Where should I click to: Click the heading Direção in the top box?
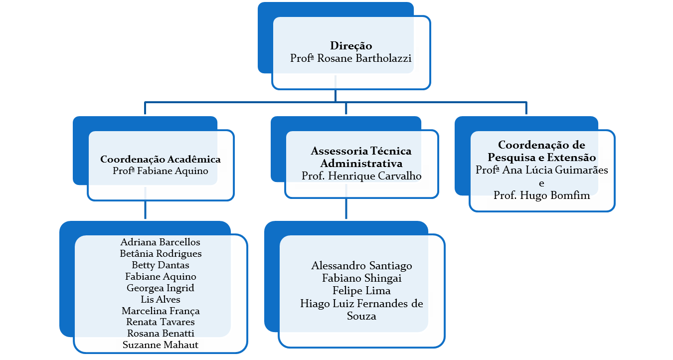coord(351,46)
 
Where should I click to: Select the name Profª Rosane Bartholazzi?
coord(351,58)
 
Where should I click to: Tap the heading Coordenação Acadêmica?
coord(161,160)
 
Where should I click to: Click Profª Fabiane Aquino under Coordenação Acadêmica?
coord(161,172)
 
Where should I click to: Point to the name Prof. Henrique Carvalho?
coord(361,176)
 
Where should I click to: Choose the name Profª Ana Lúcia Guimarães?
coord(542,170)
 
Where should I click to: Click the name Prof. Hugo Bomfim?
coord(542,195)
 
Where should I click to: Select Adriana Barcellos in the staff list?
coord(161,242)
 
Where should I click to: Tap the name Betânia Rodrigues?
coord(161,254)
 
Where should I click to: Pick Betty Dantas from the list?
coord(161,265)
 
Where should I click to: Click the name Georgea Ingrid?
coord(161,288)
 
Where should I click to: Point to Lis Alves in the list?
coord(161,300)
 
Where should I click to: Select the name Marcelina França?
coord(161,311)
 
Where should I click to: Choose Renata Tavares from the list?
coord(161,322)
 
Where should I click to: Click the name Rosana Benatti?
coord(161,334)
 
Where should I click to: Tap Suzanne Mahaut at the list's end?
coord(161,345)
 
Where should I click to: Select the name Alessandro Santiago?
coord(361,266)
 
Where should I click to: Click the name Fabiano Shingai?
coord(361,278)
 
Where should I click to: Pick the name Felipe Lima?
coord(361,291)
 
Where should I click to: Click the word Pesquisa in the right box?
coord(512,158)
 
